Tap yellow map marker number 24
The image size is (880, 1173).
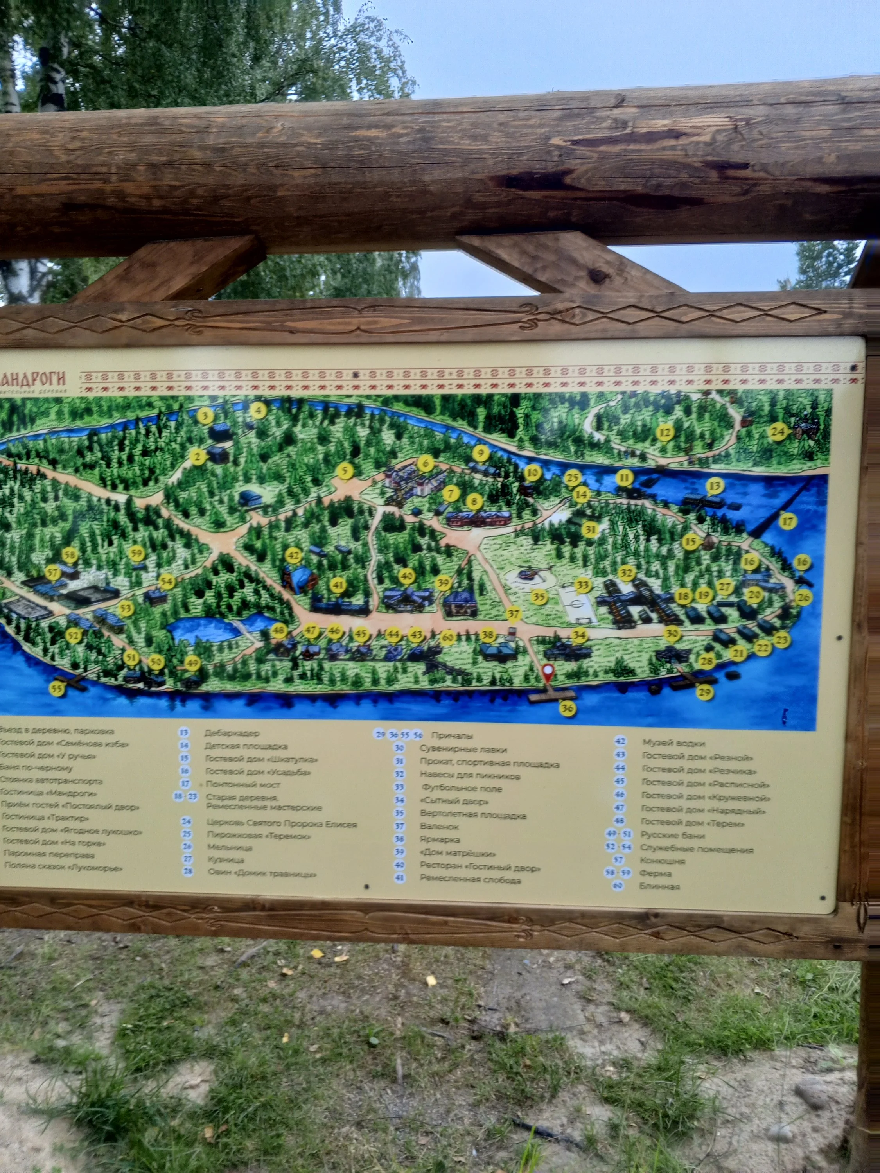point(777,432)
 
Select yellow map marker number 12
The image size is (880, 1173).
point(664,433)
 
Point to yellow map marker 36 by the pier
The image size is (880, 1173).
point(568,708)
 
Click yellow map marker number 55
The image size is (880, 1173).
point(57,688)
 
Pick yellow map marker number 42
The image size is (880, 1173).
point(293,556)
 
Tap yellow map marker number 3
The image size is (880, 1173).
point(205,415)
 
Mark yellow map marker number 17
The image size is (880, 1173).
point(788,521)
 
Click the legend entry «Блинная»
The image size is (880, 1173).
point(660,886)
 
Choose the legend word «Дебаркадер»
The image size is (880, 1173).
point(232,734)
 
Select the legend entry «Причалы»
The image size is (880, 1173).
point(452,735)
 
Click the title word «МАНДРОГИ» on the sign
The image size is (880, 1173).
point(33,378)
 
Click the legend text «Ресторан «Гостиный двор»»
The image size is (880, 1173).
point(480,868)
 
